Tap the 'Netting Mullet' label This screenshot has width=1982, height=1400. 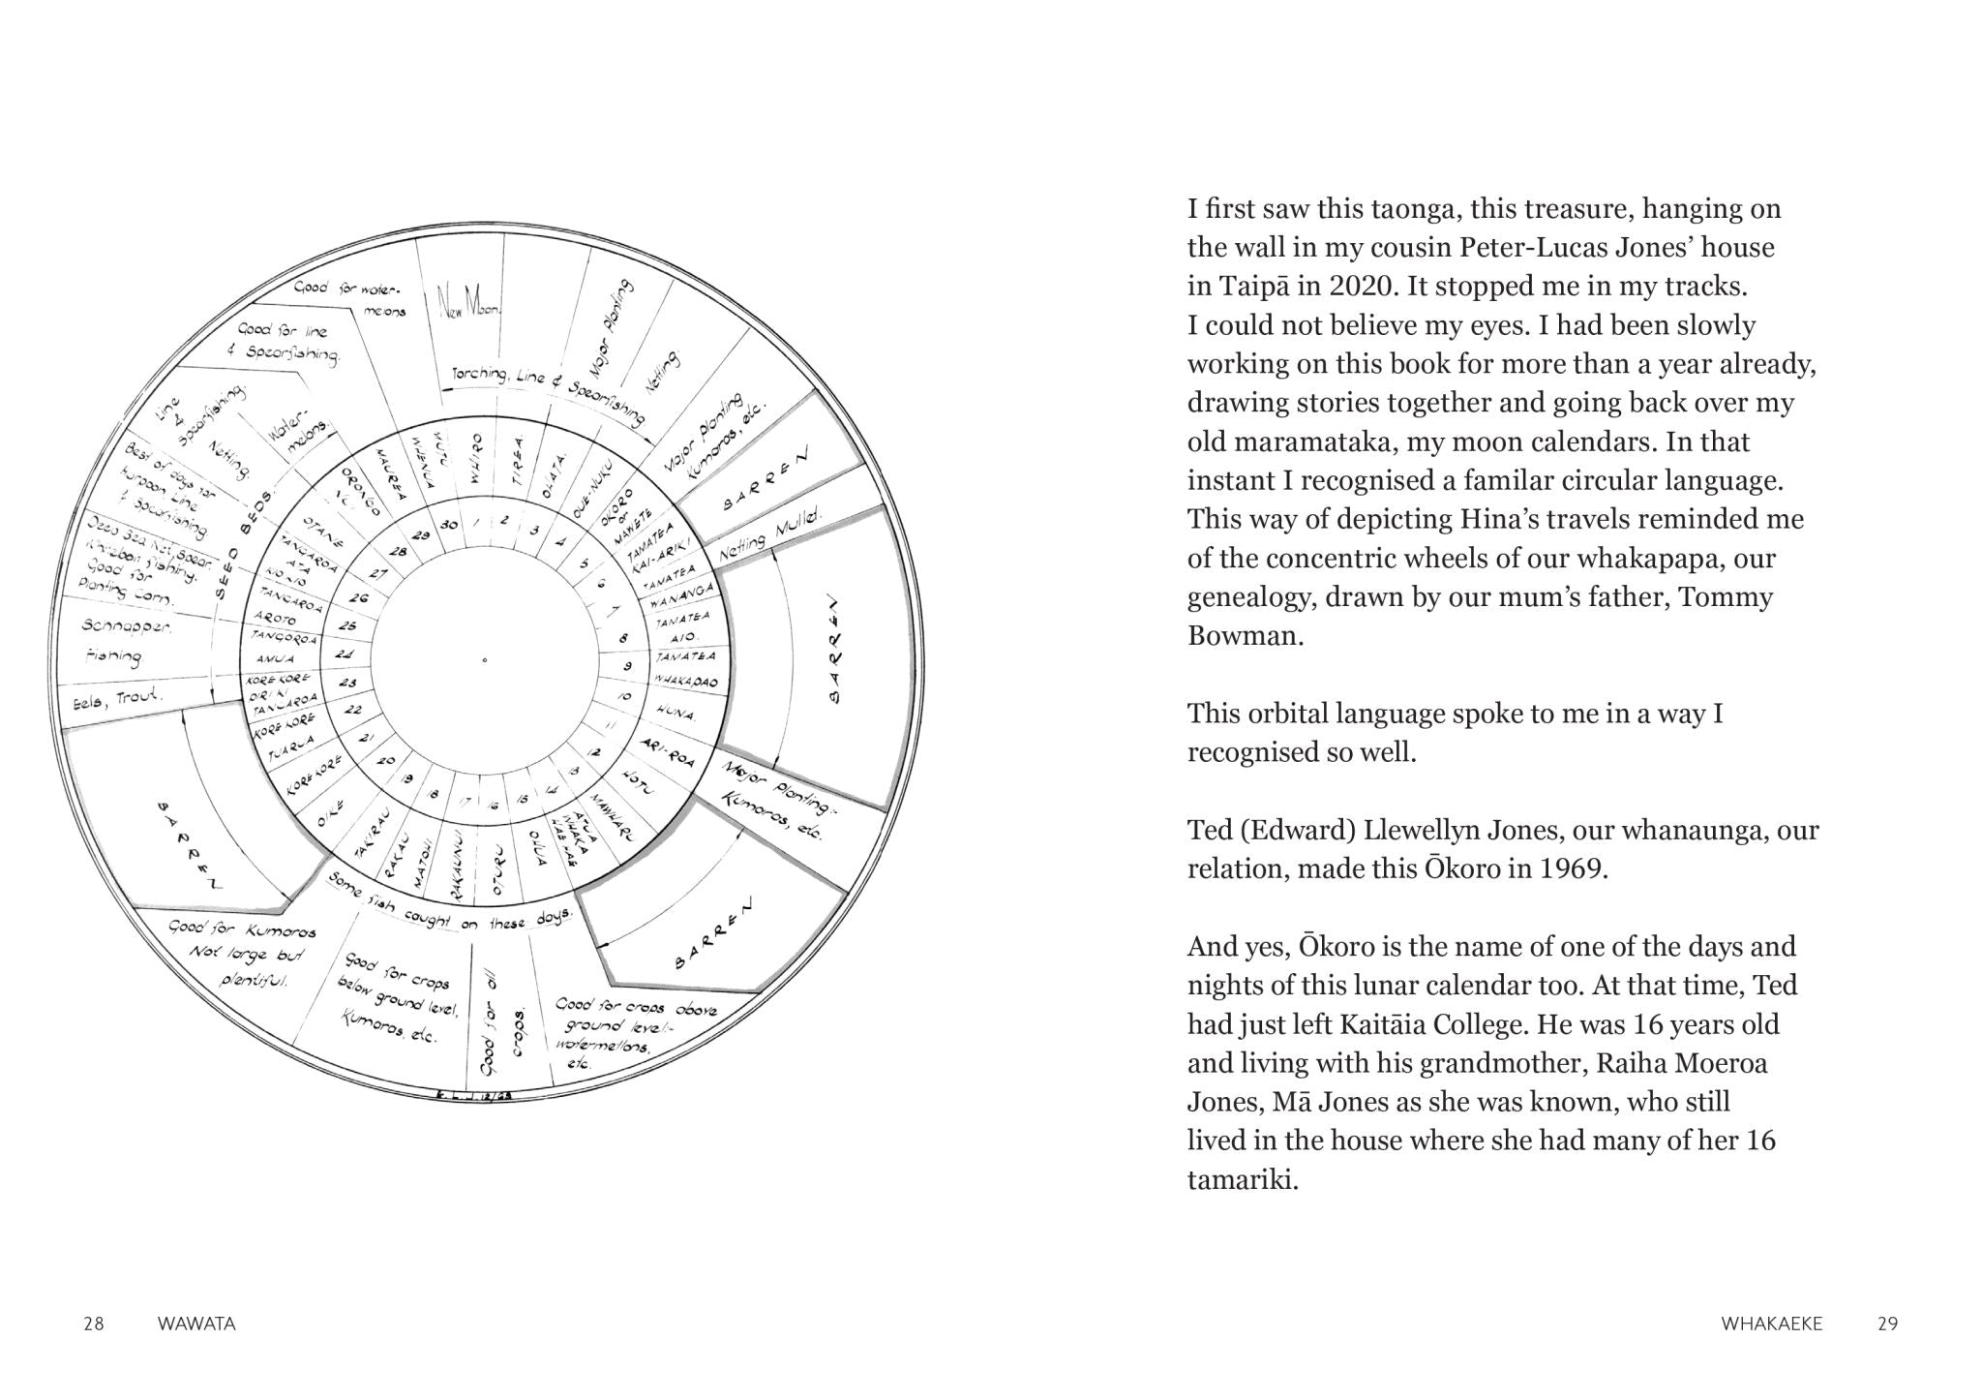769,535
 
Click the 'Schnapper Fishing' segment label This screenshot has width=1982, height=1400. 126,642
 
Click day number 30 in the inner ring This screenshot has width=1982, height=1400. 448,525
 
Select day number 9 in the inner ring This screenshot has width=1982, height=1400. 627,666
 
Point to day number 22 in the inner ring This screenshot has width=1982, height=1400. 352,711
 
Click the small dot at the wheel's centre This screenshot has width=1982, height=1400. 485,660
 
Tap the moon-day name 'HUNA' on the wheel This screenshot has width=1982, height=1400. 675,714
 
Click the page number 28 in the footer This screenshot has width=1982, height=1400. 94,1324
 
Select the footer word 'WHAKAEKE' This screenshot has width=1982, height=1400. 1771,1324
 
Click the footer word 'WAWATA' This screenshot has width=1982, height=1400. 196,1324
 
